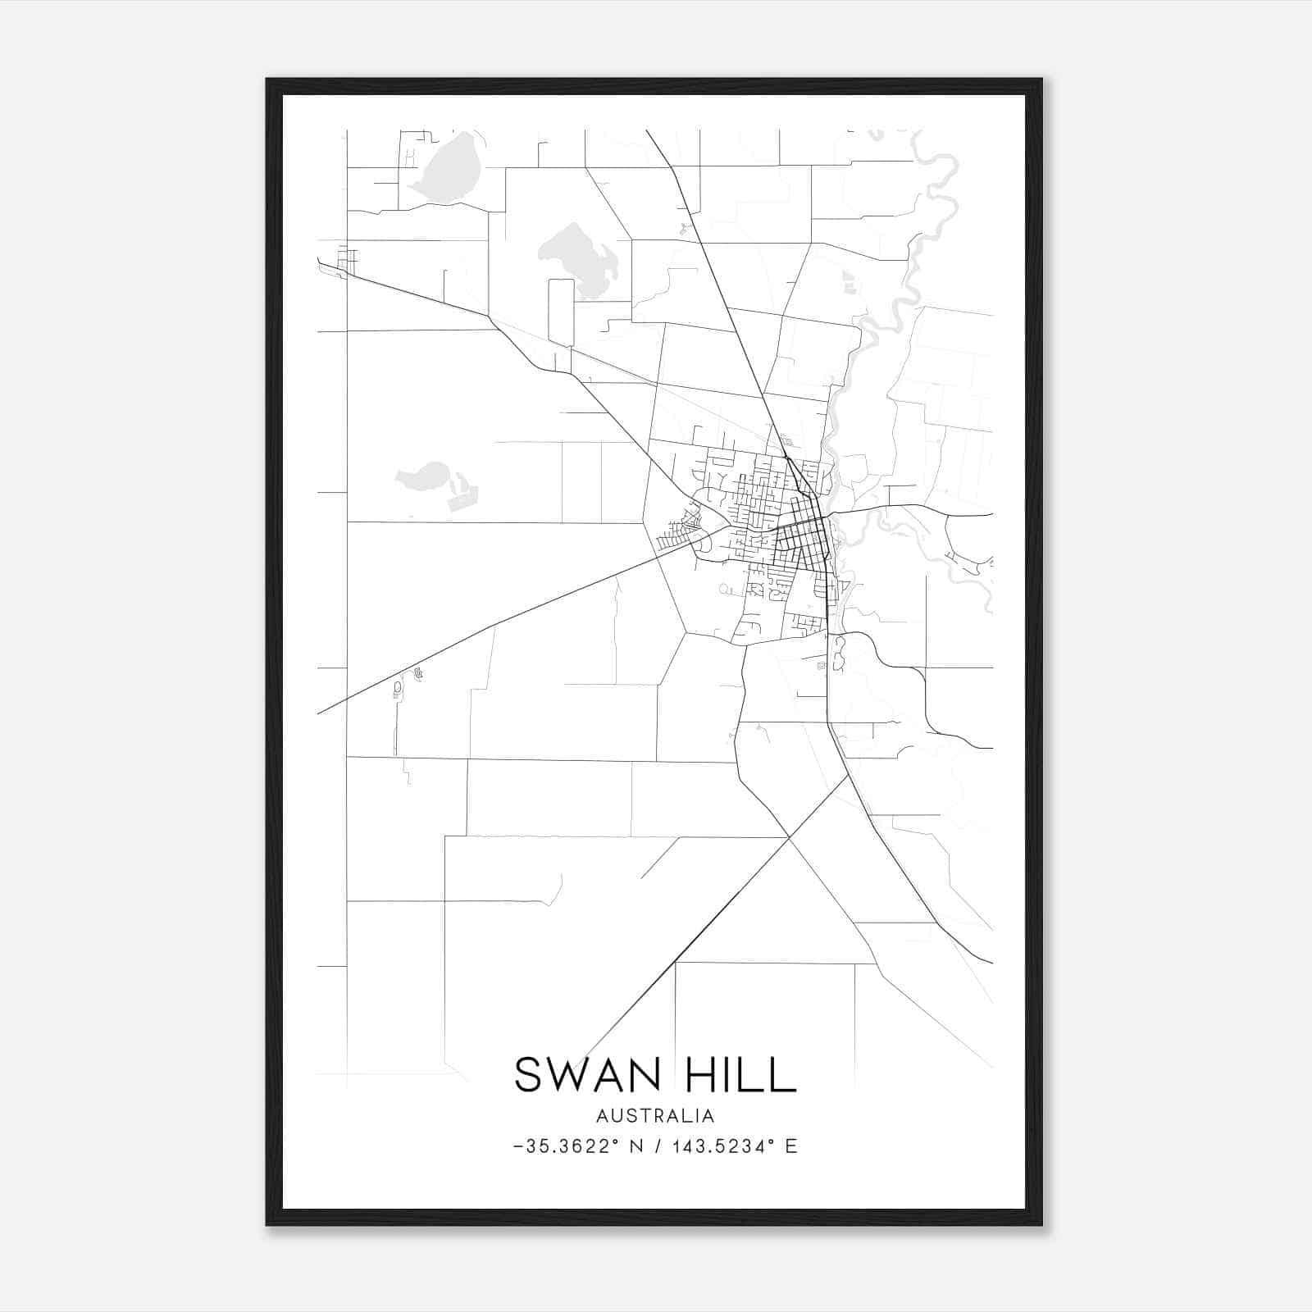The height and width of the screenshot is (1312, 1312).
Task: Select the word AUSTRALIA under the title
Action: (655, 1116)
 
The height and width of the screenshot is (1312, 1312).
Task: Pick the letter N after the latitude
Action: (635, 1146)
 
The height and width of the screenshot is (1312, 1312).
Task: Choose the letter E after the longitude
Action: (791, 1146)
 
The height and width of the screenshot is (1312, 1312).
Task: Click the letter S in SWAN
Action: (529, 1074)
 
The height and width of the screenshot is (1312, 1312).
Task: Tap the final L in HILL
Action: (785, 1074)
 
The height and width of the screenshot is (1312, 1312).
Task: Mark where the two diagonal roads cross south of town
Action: (789, 837)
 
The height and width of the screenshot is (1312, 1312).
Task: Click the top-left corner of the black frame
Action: (267, 80)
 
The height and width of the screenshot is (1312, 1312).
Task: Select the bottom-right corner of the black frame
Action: (1041, 1224)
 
